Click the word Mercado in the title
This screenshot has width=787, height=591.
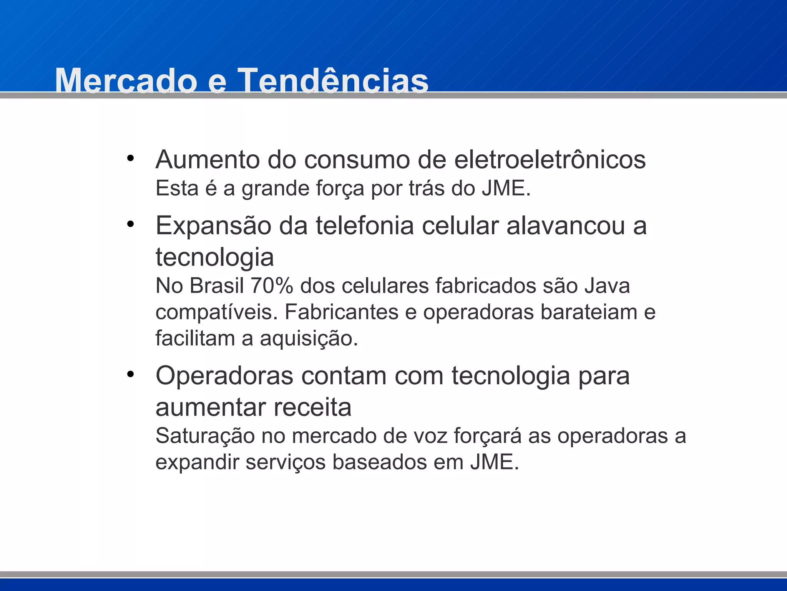pyautogui.click(x=126, y=81)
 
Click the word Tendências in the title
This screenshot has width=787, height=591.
pyautogui.click(x=333, y=81)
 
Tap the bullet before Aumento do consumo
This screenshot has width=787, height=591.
pyautogui.click(x=131, y=158)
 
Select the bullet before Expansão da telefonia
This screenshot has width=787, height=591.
pyautogui.click(x=131, y=224)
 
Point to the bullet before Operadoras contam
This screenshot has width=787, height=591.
pyautogui.click(x=131, y=374)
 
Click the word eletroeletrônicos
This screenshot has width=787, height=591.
pyautogui.click(x=550, y=159)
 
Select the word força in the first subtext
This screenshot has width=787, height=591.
pyautogui.click(x=340, y=189)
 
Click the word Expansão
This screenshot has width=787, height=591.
pyautogui.click(x=213, y=226)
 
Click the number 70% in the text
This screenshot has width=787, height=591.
pyautogui.click(x=272, y=286)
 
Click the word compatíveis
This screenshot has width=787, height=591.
pyautogui.click(x=216, y=312)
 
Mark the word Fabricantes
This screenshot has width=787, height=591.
pyautogui.click(x=341, y=312)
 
